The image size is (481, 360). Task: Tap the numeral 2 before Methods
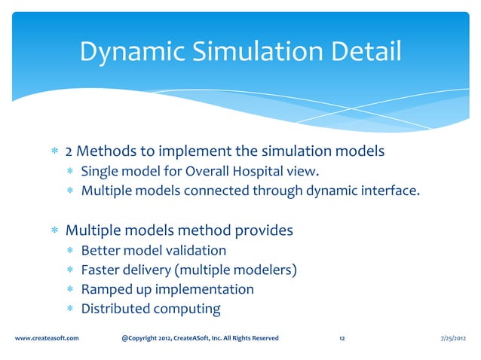pyautogui.click(x=69, y=151)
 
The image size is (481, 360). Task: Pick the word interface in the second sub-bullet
pyautogui.click(x=389, y=191)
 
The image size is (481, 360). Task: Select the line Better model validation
pyautogui.click(x=153, y=250)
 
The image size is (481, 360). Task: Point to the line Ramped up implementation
pyautogui.click(x=167, y=289)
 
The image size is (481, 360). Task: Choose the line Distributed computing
pyautogui.click(x=150, y=309)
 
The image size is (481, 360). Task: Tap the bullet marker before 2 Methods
pyautogui.click(x=54, y=152)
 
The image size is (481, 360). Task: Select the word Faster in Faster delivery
pyautogui.click(x=100, y=270)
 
